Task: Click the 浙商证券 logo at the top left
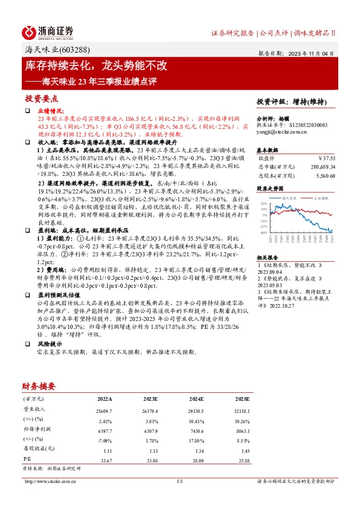(x=48, y=31)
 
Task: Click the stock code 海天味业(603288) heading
(x=56, y=50)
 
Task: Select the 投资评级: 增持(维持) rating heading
(x=292, y=102)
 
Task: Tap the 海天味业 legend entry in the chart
(x=284, y=197)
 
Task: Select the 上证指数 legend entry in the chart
(x=318, y=197)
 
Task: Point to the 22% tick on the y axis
(x=263, y=204)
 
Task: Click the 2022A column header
(x=104, y=399)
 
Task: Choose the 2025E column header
(x=241, y=399)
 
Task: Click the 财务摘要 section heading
(x=39, y=386)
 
